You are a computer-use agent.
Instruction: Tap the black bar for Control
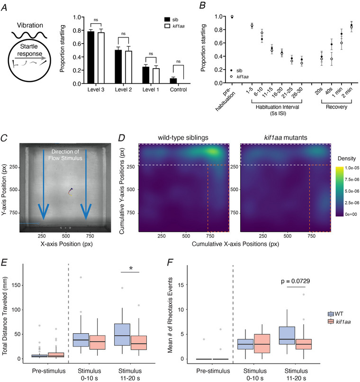coord(160,81)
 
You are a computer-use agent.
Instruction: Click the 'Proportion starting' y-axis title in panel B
coord(204,49)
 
